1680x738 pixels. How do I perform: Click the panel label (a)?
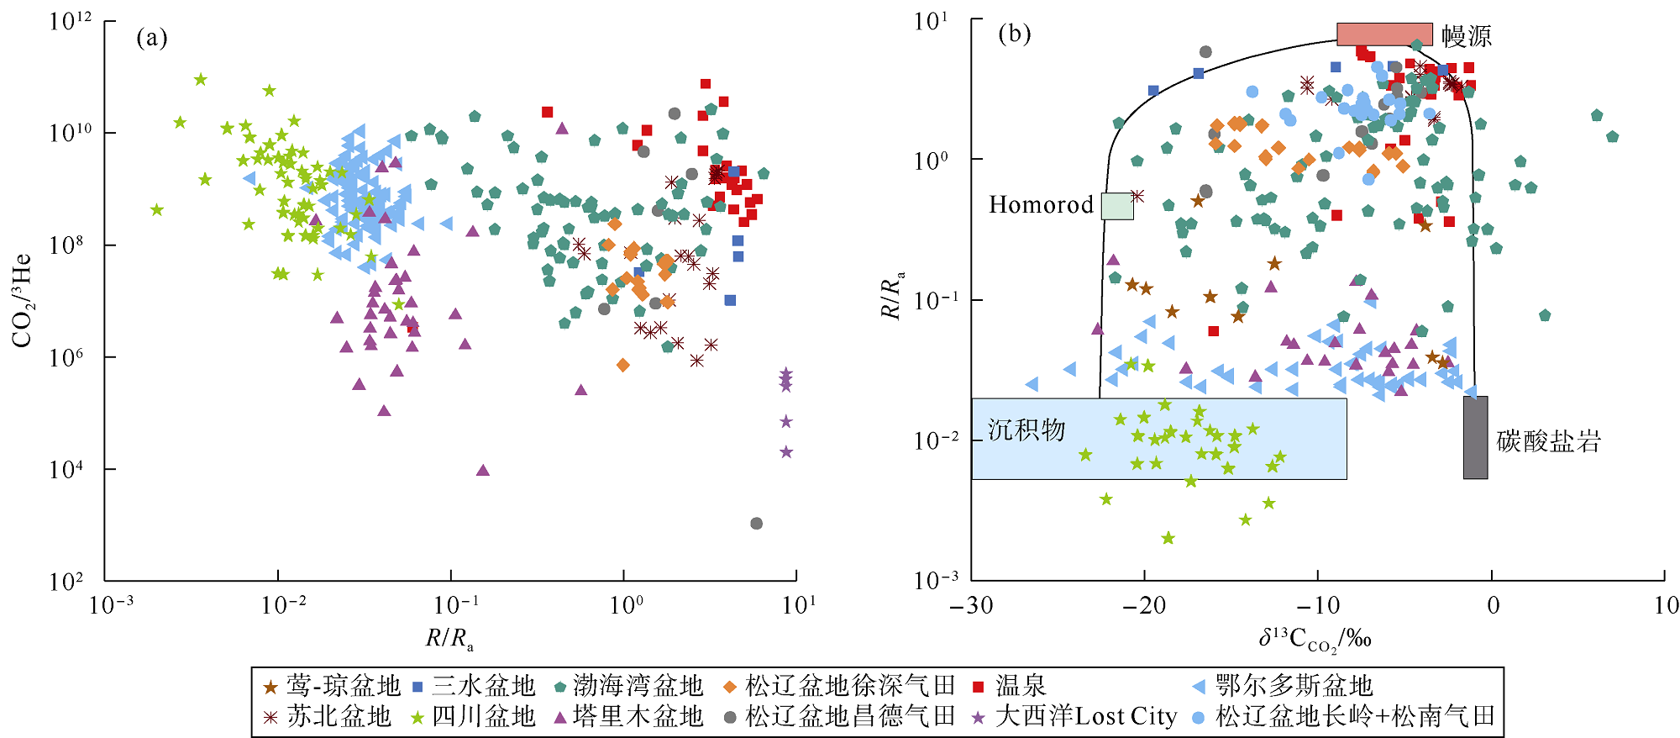tap(152, 38)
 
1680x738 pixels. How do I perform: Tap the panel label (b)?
tap(1014, 34)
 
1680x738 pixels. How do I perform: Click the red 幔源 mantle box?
tap(1384, 34)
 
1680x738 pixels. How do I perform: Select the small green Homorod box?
tap(1117, 206)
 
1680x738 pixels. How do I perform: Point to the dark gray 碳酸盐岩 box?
tap(1475, 437)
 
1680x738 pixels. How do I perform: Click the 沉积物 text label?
tap(1026, 430)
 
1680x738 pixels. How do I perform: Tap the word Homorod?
tap(1041, 205)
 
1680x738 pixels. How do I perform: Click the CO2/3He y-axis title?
tap(23, 300)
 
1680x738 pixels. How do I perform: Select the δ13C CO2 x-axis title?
tap(1315, 639)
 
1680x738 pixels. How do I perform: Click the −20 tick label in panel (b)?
tap(1143, 605)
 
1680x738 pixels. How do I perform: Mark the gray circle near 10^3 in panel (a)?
tap(756, 524)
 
